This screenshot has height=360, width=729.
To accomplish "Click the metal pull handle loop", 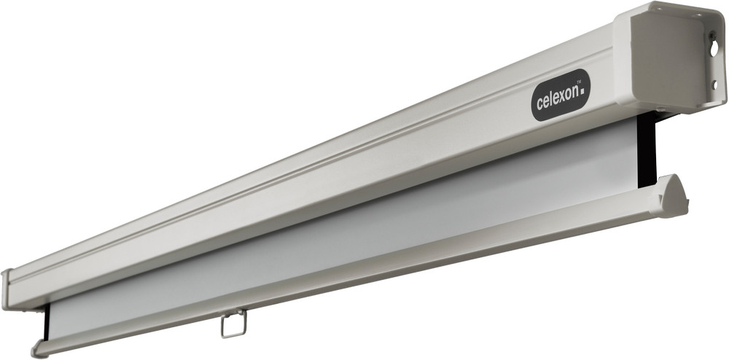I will pyautogui.click(x=233, y=324).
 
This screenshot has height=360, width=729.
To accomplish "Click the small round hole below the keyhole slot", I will pyautogui.click(x=714, y=85).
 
